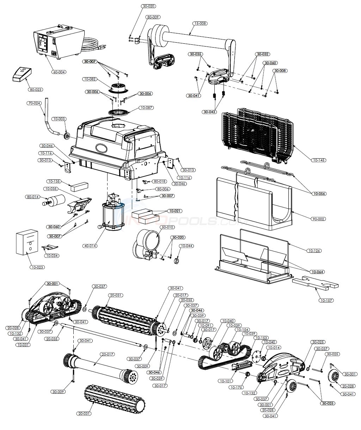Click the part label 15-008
pos(200,24)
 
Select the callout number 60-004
pos(59,72)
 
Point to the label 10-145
pos(318,160)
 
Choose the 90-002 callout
pos(318,219)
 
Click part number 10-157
pos(326,301)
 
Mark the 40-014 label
pos(90,246)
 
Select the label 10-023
pos(37,267)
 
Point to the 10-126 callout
pos(313,251)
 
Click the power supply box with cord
pos(58,41)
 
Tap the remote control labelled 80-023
pos(22,74)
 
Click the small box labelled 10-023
pos(26,242)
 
